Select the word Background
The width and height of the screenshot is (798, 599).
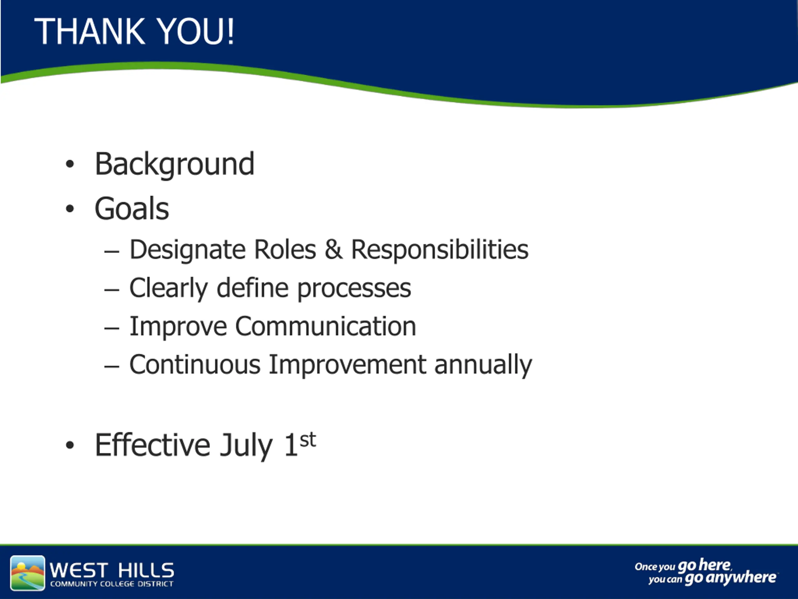(x=175, y=165)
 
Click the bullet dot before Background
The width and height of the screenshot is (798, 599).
(x=70, y=164)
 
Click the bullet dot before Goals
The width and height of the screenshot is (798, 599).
(x=70, y=208)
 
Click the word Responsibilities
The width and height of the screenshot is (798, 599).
(x=440, y=250)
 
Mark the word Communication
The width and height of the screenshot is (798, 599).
(x=326, y=326)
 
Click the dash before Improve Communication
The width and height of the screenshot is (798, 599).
(x=112, y=328)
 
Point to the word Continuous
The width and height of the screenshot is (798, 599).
(x=195, y=365)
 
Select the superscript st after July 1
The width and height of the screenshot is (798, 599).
(x=308, y=440)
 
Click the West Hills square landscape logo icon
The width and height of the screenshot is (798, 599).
(x=28, y=573)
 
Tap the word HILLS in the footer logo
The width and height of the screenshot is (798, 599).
(x=146, y=570)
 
